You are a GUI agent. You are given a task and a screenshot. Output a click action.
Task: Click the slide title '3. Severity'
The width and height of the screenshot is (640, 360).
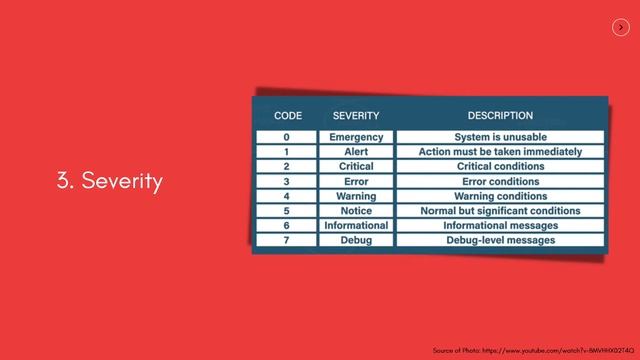pos(110,181)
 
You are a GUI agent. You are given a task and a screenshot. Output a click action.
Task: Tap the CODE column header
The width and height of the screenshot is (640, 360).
pos(287,116)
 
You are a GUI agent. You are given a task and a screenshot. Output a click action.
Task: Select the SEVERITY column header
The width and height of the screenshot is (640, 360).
pos(356,116)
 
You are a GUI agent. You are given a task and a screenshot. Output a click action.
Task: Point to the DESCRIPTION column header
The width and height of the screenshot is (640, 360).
pos(500,116)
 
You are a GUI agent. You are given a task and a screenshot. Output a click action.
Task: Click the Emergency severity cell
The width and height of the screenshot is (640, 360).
pos(356,137)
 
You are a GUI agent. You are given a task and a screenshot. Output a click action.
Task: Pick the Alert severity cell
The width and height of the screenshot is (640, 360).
pos(356,152)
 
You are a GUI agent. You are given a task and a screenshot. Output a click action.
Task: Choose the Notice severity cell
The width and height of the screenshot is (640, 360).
pos(356,211)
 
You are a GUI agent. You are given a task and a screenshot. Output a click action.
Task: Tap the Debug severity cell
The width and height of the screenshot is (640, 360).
pos(356,241)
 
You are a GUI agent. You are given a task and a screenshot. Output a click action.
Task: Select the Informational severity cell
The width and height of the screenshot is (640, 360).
pos(356,226)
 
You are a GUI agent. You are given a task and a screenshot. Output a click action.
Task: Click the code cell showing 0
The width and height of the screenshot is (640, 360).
pos(287,137)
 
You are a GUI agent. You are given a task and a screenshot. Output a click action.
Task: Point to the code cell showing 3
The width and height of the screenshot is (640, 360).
pos(287,182)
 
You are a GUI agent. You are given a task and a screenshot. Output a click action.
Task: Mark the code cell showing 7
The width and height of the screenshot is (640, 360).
pos(287,241)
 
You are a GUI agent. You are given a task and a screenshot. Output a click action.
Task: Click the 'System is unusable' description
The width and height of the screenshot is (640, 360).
pos(500,137)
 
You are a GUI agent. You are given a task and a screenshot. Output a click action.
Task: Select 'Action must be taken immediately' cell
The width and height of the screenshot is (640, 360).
pos(500,152)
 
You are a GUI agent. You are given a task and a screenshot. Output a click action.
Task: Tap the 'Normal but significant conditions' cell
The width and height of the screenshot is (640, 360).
pos(500,211)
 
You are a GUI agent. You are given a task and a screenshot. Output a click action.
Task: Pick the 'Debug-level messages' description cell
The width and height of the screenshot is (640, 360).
pos(500,241)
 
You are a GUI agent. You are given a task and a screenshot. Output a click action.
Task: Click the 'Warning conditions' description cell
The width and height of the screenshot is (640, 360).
pos(500,197)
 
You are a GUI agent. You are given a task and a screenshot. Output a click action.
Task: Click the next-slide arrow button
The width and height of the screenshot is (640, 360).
pos(620,28)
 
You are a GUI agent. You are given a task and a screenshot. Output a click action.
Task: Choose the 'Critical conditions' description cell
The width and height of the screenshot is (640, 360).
pos(500,167)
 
